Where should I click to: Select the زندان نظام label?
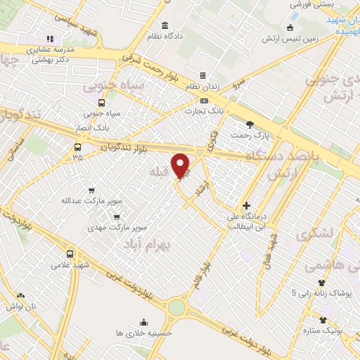tap(202, 86)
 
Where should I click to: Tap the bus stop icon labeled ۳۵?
tap(77, 148)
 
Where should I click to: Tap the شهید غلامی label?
tap(56, 265)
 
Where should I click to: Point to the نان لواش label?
tap(18, 307)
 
